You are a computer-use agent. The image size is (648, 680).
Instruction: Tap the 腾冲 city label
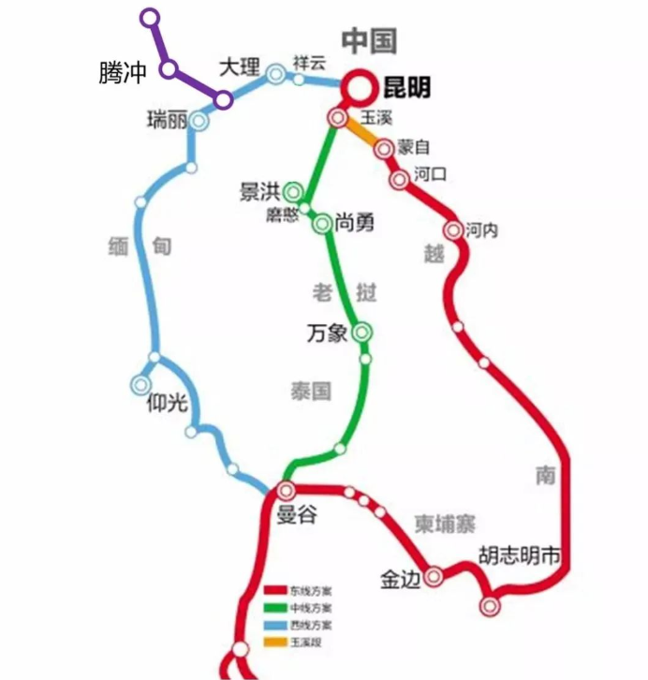[123, 74]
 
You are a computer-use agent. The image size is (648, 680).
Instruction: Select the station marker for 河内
[454, 230]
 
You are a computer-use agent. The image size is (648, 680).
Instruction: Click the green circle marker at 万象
[361, 331]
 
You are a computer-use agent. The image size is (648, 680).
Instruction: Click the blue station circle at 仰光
[141, 384]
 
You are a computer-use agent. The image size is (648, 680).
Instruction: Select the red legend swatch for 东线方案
[274, 591]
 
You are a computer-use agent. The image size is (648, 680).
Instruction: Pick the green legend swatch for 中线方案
[274, 608]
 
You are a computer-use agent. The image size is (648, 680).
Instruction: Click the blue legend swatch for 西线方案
[274, 625]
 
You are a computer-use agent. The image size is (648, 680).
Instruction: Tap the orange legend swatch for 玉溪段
[274, 642]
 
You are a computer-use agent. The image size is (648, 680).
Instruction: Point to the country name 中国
[369, 40]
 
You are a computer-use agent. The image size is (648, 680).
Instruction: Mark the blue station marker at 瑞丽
[199, 121]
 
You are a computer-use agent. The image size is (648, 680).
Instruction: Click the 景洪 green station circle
[294, 192]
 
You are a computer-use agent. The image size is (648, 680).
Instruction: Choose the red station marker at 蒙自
[384, 149]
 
